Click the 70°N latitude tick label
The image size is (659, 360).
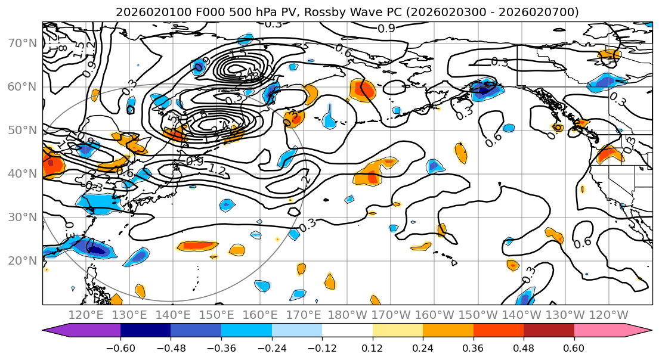(x=22, y=43)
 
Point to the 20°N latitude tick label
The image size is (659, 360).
(x=22, y=260)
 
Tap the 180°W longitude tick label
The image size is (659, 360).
(x=347, y=315)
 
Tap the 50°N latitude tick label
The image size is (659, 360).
(x=22, y=130)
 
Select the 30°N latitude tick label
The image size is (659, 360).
(x=22, y=217)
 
